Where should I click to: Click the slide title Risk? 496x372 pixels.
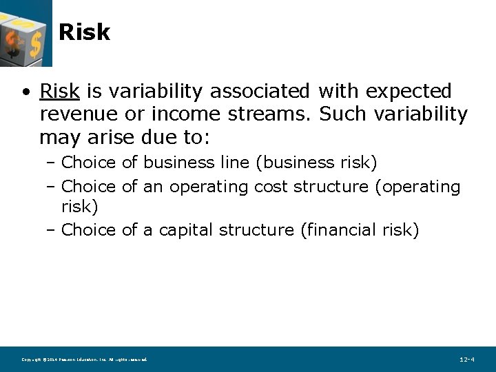(84, 32)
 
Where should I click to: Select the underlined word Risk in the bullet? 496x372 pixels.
(60, 91)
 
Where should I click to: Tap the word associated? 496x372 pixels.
(260, 91)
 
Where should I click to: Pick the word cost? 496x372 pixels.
(271, 187)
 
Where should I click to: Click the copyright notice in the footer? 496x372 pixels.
(84, 360)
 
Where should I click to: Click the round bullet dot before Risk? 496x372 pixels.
(25, 92)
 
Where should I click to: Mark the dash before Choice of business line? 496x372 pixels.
(53, 163)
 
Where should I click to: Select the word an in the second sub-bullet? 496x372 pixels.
(152, 187)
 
